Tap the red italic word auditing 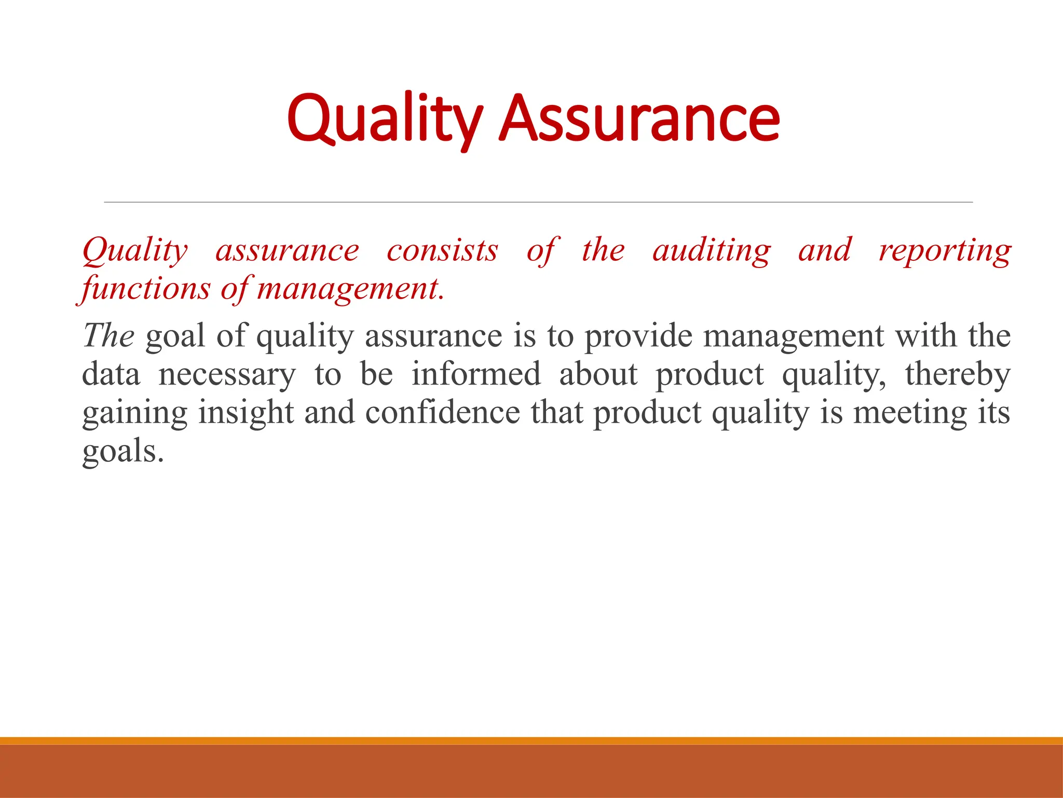(711, 251)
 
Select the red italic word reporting (945, 251)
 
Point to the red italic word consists (442, 251)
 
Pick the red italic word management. (351, 289)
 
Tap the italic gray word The (108, 336)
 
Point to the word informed (476, 374)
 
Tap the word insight (246, 414)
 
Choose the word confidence (442, 413)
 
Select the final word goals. (122, 451)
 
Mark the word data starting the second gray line (111, 375)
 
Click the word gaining (134, 414)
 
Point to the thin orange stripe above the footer (531, 741)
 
